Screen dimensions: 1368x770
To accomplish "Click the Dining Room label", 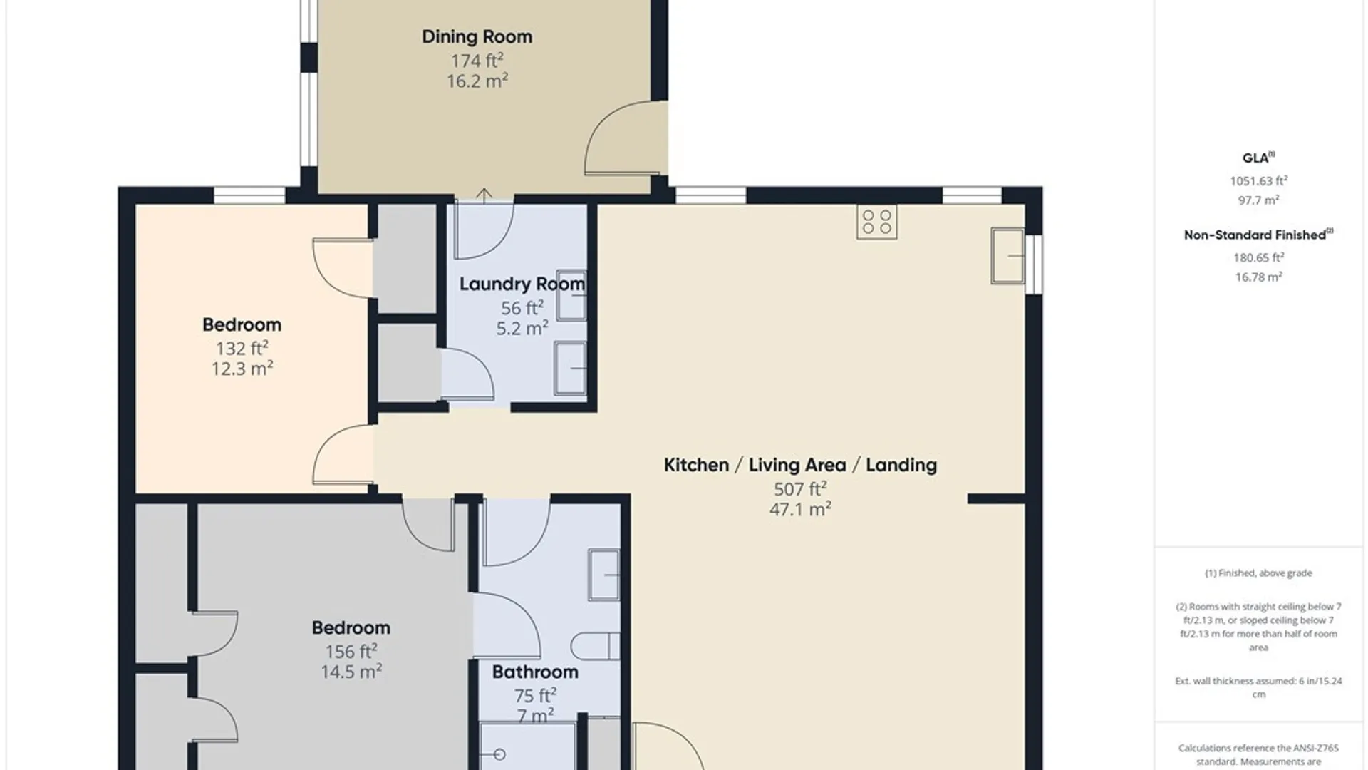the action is click(477, 37).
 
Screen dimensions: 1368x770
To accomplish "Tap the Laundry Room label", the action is click(522, 284).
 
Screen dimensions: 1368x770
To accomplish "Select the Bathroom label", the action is click(535, 672).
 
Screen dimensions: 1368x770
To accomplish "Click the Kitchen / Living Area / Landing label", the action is click(800, 465).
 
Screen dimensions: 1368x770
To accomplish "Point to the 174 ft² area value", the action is click(477, 61).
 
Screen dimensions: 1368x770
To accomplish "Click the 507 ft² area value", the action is click(800, 488).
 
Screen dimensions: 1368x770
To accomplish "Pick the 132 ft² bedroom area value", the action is click(242, 348).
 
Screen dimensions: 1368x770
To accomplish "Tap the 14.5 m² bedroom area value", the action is click(351, 672).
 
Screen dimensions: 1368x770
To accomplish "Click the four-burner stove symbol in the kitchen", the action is click(877, 222).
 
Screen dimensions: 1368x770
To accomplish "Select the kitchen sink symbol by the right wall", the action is click(1007, 255).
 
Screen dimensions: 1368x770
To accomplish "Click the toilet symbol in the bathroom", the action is click(596, 646).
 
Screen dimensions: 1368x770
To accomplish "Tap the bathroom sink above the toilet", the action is click(604, 575).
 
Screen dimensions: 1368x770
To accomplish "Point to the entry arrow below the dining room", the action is click(484, 195).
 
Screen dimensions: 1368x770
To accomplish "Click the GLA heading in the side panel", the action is click(1258, 158).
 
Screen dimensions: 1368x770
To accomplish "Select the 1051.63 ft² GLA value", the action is click(1258, 181).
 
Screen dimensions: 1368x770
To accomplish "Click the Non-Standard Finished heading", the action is click(1258, 235).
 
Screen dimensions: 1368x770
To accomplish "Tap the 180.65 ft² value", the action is click(1258, 257).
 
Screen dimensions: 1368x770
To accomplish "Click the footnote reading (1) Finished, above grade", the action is click(1258, 573).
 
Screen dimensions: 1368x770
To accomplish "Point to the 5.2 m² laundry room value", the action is click(522, 329).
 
